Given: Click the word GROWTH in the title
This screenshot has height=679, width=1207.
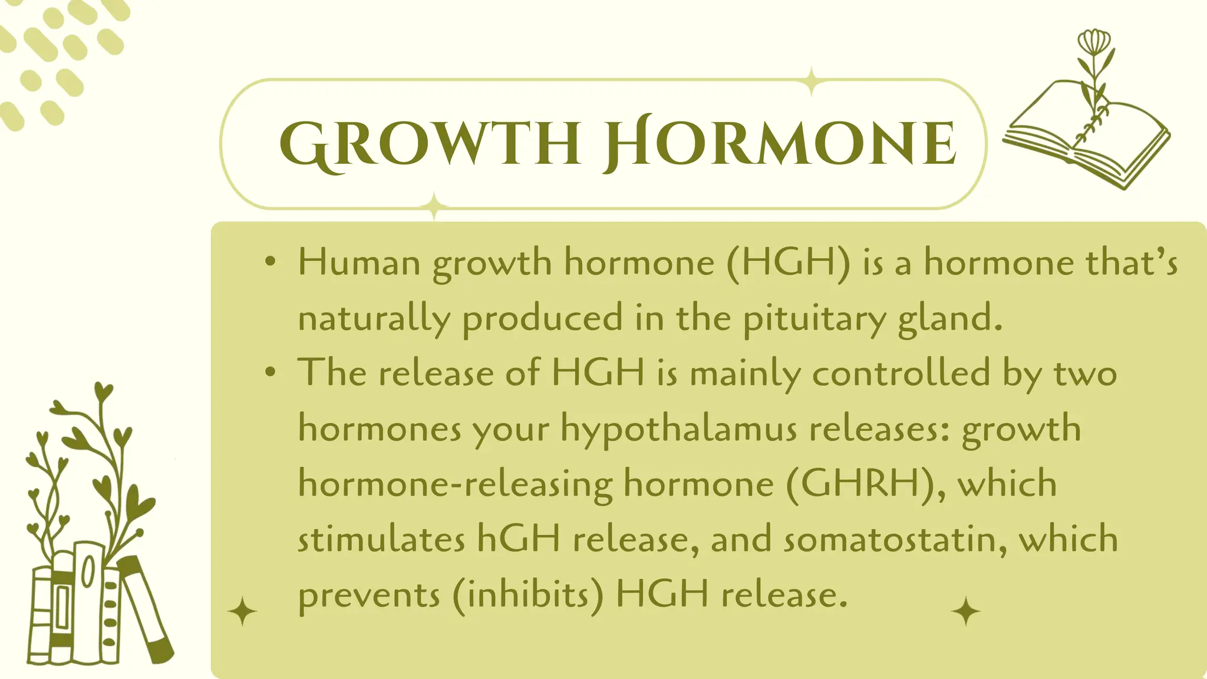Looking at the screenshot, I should coord(430,143).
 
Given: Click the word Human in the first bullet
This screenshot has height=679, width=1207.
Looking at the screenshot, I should coord(359,262).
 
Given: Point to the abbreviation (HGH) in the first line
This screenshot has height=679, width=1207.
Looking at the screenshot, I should coord(789,262).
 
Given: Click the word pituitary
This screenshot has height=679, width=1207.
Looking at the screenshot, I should coord(814,319).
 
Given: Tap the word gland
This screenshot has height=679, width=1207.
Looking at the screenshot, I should coord(949,318).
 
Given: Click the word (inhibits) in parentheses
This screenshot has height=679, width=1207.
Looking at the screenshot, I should coord(528,595).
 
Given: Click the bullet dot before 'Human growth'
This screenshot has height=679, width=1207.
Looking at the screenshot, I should coord(271,262).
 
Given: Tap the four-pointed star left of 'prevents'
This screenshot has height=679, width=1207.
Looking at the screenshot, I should coord(242,611).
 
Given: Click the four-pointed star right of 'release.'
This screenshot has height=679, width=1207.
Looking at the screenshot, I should coord(966,611).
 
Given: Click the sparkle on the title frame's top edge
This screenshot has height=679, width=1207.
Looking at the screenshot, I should coord(812,81).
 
